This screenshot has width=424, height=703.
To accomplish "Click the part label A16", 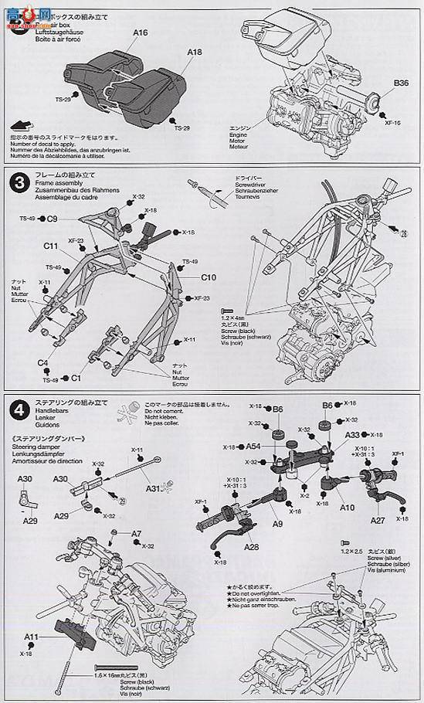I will pos(139,33).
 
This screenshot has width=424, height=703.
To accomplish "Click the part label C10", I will pos(209,277).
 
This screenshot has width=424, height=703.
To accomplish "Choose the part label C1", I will pos(76,378).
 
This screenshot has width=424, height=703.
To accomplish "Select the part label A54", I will pos(252,447).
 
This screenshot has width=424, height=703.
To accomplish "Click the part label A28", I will pos(251,547).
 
